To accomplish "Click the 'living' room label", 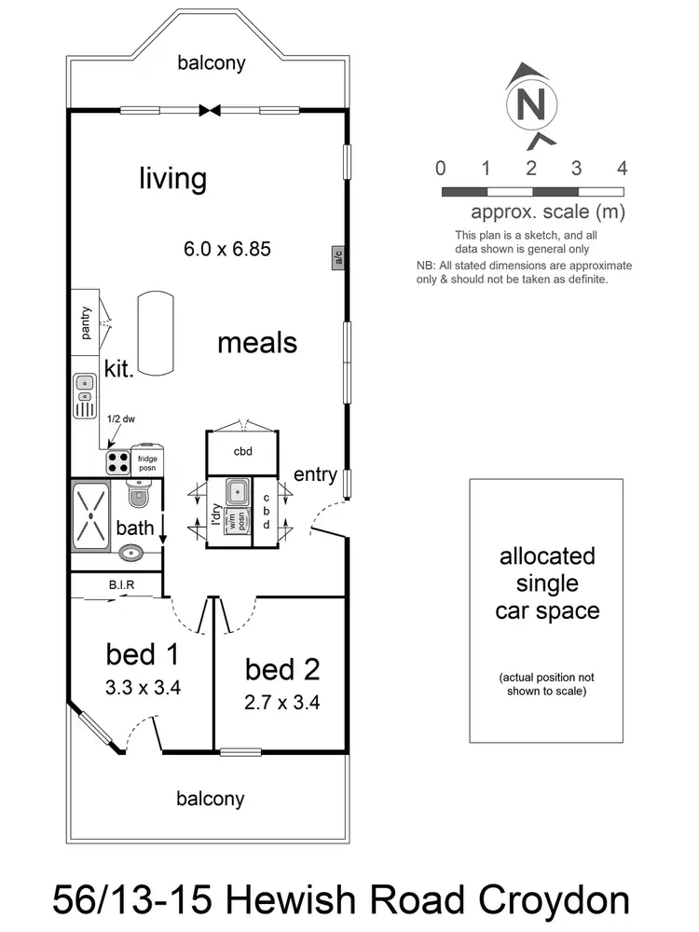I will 172,177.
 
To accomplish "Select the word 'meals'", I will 257,342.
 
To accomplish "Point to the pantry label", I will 85,322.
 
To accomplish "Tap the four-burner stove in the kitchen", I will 118,461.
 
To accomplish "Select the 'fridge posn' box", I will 148,460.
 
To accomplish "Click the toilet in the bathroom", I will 138,493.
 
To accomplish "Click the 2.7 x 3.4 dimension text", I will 282,703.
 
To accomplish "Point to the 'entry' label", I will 315,475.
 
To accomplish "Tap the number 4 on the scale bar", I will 622,169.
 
